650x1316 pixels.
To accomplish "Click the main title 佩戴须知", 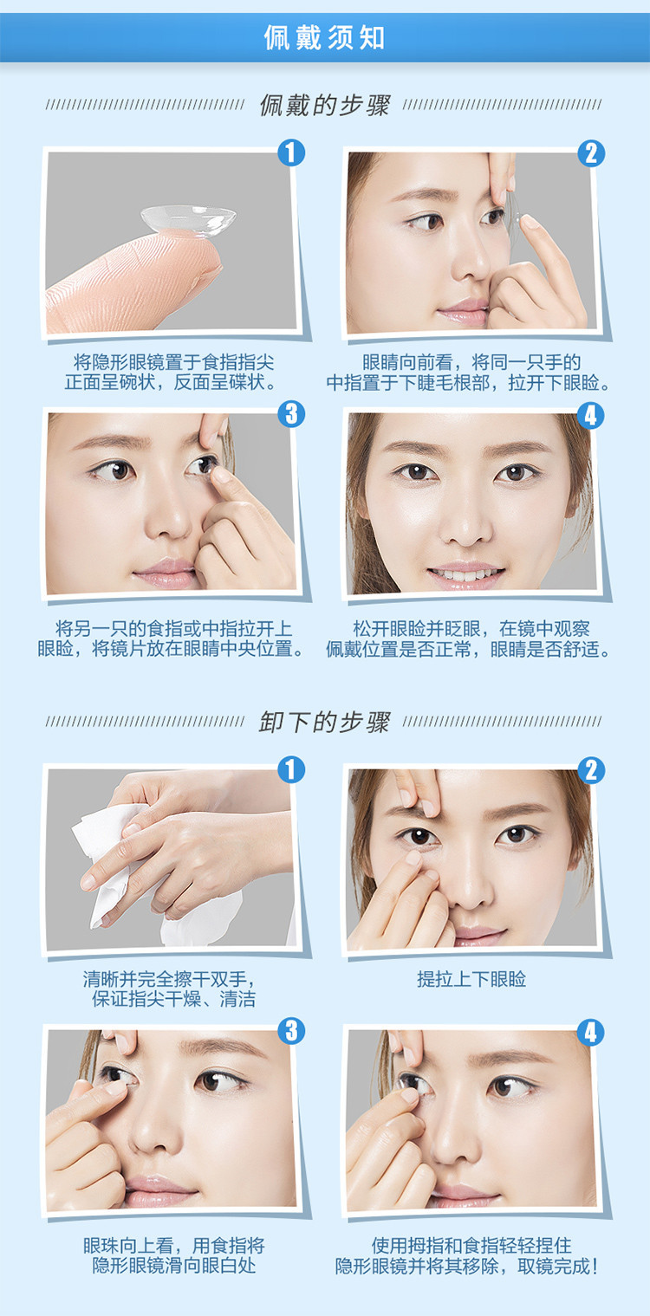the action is (324, 37).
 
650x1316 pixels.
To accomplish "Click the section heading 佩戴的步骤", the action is (324, 106).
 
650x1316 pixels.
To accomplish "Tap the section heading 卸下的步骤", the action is (324, 722).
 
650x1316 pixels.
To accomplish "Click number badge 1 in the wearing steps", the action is (291, 152).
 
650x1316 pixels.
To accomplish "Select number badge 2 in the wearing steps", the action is (591, 153).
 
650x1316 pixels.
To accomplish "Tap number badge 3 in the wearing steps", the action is (291, 413).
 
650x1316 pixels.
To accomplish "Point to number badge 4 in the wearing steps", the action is (591, 415).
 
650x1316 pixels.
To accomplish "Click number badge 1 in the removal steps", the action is (291, 769).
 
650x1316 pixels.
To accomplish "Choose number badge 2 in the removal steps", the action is (591, 770).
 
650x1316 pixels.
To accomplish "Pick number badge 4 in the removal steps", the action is (591, 1032).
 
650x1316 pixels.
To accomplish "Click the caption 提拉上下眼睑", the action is (471, 979).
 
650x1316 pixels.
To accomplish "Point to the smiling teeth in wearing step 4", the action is (465, 573).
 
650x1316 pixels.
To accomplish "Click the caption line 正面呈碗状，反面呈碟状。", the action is (171, 382).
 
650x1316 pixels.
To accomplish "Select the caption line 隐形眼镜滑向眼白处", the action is (174, 1266).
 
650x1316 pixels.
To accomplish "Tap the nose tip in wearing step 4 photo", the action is (465, 532).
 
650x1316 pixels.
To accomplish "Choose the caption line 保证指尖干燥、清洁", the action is (174, 999).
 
